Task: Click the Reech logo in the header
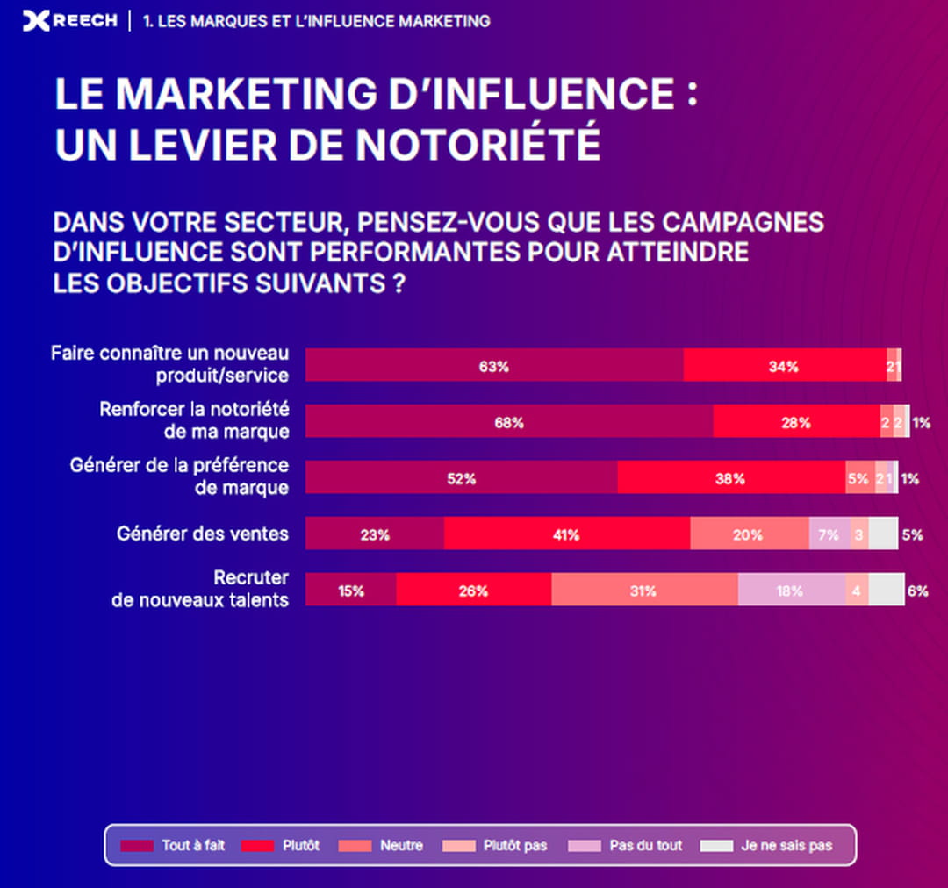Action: [69, 20]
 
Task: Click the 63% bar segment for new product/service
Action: [494, 366]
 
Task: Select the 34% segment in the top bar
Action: [784, 366]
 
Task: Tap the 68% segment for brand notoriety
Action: [509, 422]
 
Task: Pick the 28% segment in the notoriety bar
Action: [796, 422]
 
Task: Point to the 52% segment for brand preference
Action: [461, 478]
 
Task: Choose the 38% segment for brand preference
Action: [730, 478]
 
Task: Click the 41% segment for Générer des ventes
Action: [566, 534]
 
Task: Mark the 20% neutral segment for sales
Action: [749, 534]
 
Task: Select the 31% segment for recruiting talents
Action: [643, 591]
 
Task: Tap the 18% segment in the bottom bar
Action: [790, 591]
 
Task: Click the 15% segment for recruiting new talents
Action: [350, 591]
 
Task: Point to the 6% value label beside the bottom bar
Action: [918, 591]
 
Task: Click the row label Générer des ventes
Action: [203, 533]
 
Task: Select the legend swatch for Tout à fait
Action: [137, 846]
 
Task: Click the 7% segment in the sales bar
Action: [829, 534]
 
